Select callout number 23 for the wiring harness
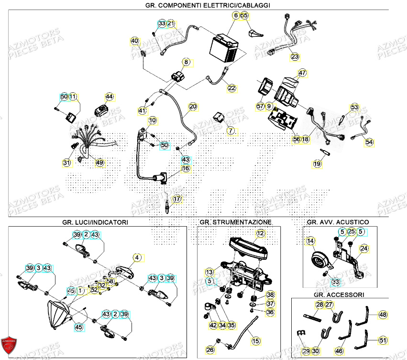295,57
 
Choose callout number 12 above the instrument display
260,234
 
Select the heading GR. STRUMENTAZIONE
235,222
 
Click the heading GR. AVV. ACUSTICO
338,222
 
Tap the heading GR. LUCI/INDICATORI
95,222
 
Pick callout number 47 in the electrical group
302,73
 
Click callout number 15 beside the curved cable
256,341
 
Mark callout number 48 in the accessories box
383,315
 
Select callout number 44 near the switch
110,97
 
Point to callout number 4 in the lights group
137,258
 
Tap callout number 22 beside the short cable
231,88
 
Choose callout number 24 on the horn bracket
364,248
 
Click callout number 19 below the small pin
317,164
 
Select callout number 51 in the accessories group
383,340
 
